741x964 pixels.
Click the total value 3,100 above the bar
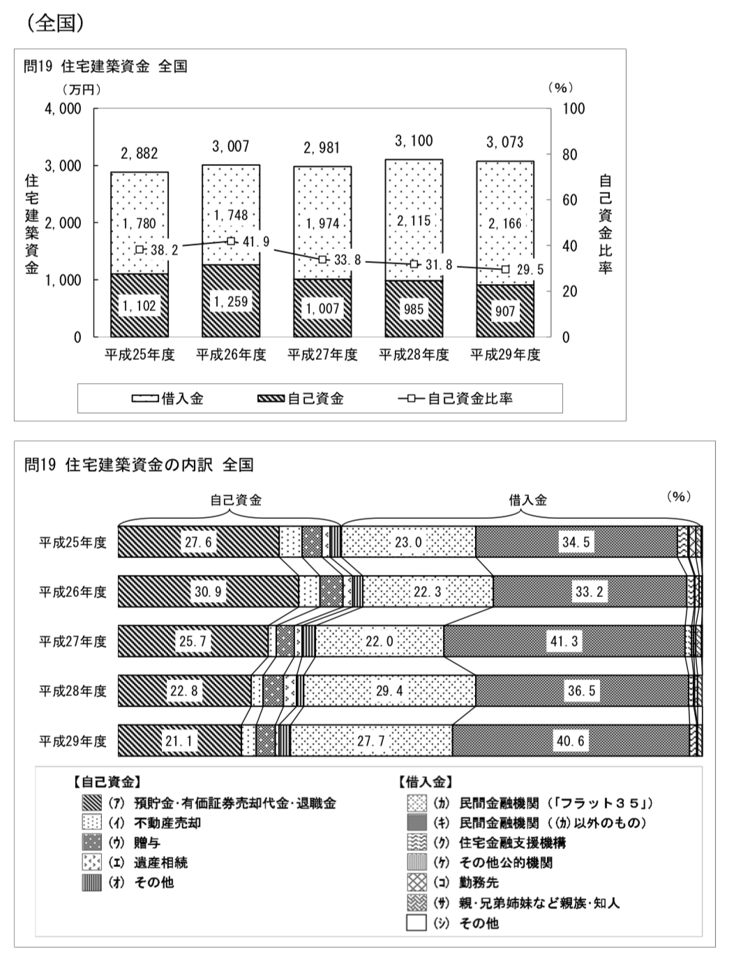pyautogui.click(x=414, y=142)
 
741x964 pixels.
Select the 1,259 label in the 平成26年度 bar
pyautogui.click(x=230, y=302)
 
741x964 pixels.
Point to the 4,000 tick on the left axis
pyautogui.click(x=63, y=109)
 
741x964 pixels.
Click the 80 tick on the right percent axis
pyautogui.click(x=569, y=155)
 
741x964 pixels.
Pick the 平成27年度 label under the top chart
pyautogui.click(x=322, y=355)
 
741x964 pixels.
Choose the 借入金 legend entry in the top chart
pyautogui.click(x=168, y=399)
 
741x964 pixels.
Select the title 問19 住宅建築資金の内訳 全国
pyautogui.click(x=139, y=465)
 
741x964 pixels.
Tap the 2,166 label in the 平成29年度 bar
pyautogui.click(x=505, y=224)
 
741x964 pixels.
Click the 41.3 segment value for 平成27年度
pyautogui.click(x=564, y=641)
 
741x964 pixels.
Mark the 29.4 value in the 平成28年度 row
pyautogui.click(x=389, y=691)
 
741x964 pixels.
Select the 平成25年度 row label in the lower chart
pyautogui.click(x=73, y=543)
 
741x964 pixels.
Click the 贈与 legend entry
pyautogui.click(x=147, y=843)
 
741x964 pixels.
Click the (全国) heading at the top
pyautogui.click(x=57, y=23)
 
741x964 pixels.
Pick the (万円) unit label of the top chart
pyautogui.click(x=81, y=89)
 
